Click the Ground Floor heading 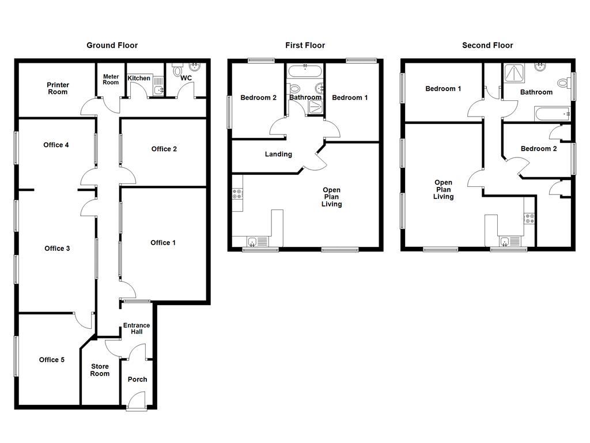(112, 45)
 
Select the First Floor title (305, 45)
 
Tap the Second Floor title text (487, 45)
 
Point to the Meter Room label (111, 79)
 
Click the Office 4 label (56, 145)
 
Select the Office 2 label (164, 149)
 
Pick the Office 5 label (52, 360)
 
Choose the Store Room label (100, 370)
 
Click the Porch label (137, 380)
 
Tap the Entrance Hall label (137, 329)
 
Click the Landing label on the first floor (278, 154)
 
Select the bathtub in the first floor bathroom (305, 72)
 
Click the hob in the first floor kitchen (237, 195)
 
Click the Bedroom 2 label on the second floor (539, 149)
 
